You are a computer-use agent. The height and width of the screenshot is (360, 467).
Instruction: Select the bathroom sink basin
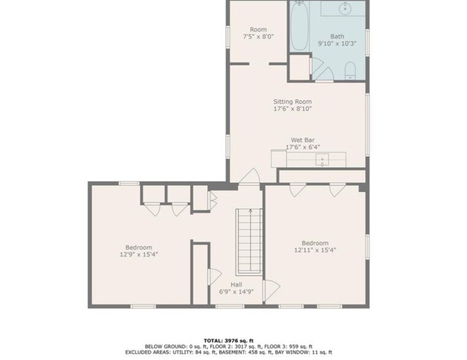(345, 8)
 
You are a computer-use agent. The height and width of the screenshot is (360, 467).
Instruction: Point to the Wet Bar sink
(323, 161)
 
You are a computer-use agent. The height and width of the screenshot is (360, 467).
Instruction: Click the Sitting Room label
(292, 101)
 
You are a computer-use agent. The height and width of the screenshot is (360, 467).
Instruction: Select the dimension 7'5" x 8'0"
(257, 37)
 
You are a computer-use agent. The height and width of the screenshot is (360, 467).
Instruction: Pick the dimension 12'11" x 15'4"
(315, 250)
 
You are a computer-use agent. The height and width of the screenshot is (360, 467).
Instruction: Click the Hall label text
(236, 284)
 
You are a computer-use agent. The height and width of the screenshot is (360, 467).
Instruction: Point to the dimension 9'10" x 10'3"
(337, 44)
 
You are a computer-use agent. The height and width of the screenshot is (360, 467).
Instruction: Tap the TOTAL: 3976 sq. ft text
(233, 339)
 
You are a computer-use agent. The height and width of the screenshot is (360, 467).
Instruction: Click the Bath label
(337, 36)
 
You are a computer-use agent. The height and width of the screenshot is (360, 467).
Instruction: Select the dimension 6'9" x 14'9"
(236, 291)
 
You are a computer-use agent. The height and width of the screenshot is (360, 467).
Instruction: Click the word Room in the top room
(258, 29)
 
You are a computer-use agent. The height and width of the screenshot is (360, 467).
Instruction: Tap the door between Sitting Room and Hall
(248, 178)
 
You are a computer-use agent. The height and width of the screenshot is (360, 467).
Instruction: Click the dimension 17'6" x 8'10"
(292, 109)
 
